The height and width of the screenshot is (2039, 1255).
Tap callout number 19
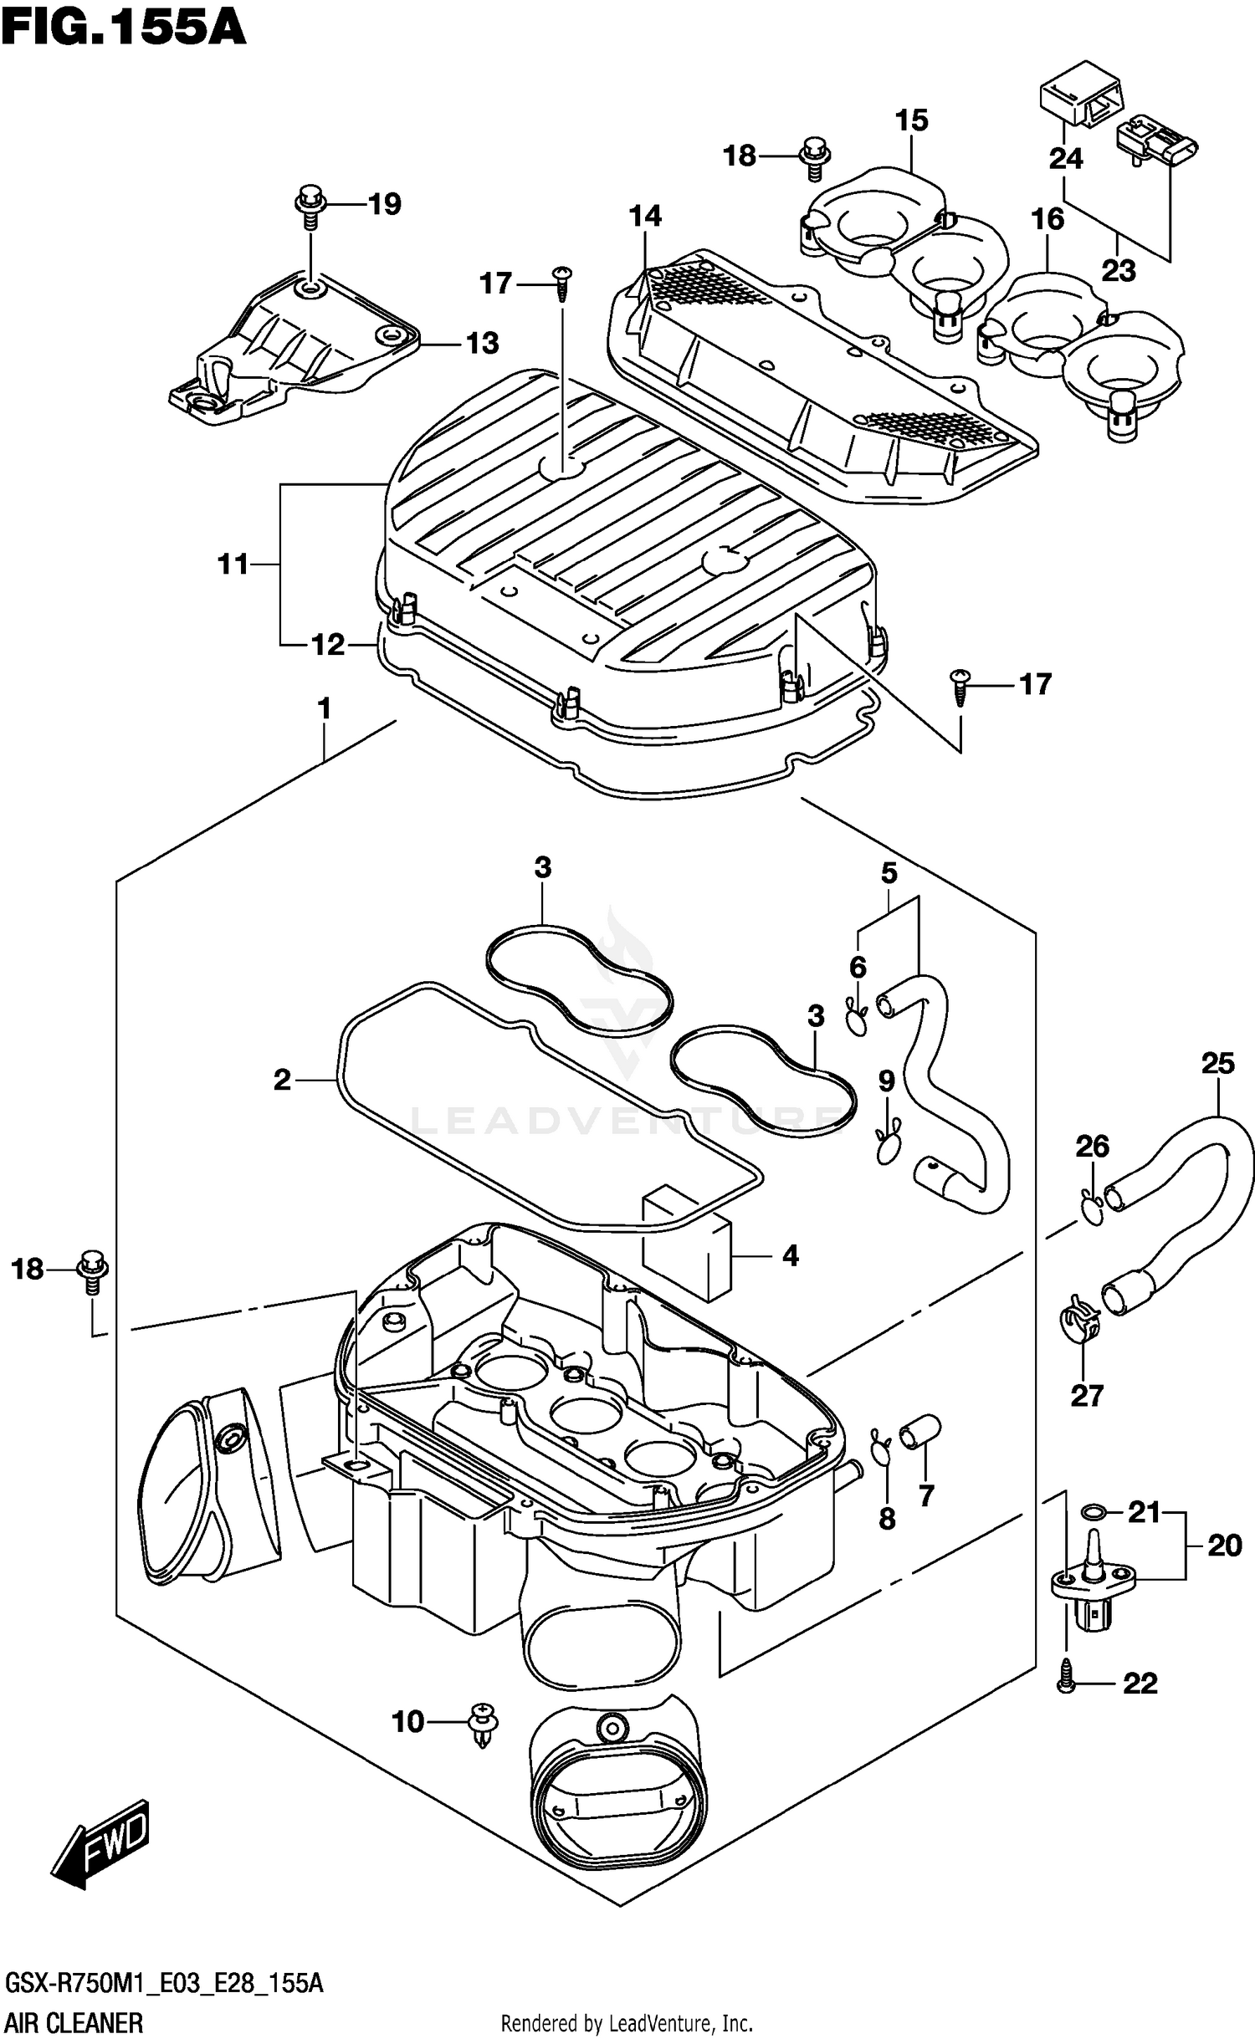click(384, 204)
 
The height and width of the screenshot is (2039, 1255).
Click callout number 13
click(482, 343)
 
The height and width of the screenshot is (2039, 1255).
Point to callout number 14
click(645, 217)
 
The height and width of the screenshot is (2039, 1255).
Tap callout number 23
click(1118, 271)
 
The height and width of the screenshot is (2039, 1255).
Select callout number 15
click(911, 120)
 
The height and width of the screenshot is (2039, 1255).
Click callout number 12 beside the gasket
click(327, 645)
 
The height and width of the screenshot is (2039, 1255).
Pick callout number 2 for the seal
click(282, 1080)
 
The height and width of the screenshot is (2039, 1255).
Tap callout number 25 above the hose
click(1217, 1064)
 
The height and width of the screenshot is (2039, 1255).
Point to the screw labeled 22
click(1066, 1682)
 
